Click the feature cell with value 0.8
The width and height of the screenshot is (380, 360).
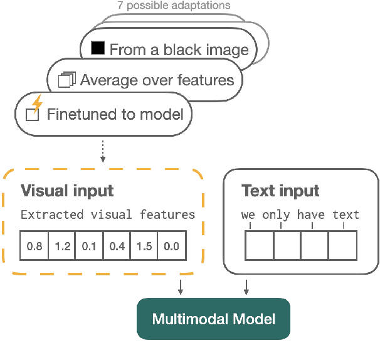pyautogui.click(x=34, y=246)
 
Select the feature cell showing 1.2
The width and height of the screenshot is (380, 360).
pyautogui.click(x=62, y=246)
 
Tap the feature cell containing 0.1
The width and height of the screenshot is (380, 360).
pyautogui.click(x=89, y=246)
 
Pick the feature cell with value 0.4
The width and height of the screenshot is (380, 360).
pyautogui.click(x=117, y=246)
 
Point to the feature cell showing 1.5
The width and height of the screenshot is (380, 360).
pyautogui.click(x=144, y=246)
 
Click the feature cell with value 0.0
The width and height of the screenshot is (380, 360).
pyautogui.click(x=171, y=246)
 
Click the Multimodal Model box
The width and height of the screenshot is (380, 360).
pyautogui.click(x=214, y=319)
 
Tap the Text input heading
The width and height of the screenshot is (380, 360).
pyautogui.click(x=280, y=191)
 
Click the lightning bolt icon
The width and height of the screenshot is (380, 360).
pyautogui.click(x=37, y=103)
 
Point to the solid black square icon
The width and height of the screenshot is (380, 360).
pyautogui.click(x=98, y=48)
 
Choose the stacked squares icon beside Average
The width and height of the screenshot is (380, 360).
pyautogui.click(x=66, y=80)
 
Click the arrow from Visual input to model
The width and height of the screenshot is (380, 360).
pyautogui.click(x=181, y=287)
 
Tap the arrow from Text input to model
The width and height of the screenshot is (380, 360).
pyautogui.click(x=246, y=287)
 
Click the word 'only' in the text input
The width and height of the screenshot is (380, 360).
pyautogui.click(x=276, y=215)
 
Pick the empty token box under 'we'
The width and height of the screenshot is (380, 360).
pyautogui.click(x=258, y=245)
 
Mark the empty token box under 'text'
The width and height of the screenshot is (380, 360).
pyautogui.click(x=343, y=245)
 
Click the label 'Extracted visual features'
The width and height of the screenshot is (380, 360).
pyautogui.click(x=108, y=215)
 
